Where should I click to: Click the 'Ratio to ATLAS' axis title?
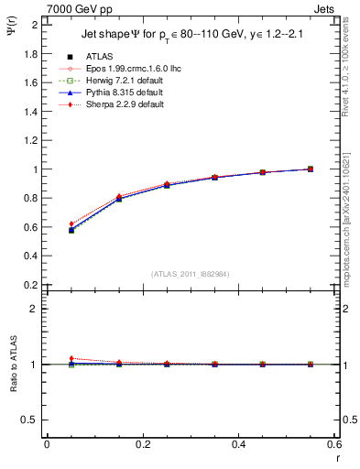(14, 365)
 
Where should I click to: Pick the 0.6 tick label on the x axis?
(335, 445)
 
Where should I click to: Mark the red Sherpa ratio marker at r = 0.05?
(71, 358)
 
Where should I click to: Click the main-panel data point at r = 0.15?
(119, 198)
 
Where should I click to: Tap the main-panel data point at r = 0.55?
(311, 169)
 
